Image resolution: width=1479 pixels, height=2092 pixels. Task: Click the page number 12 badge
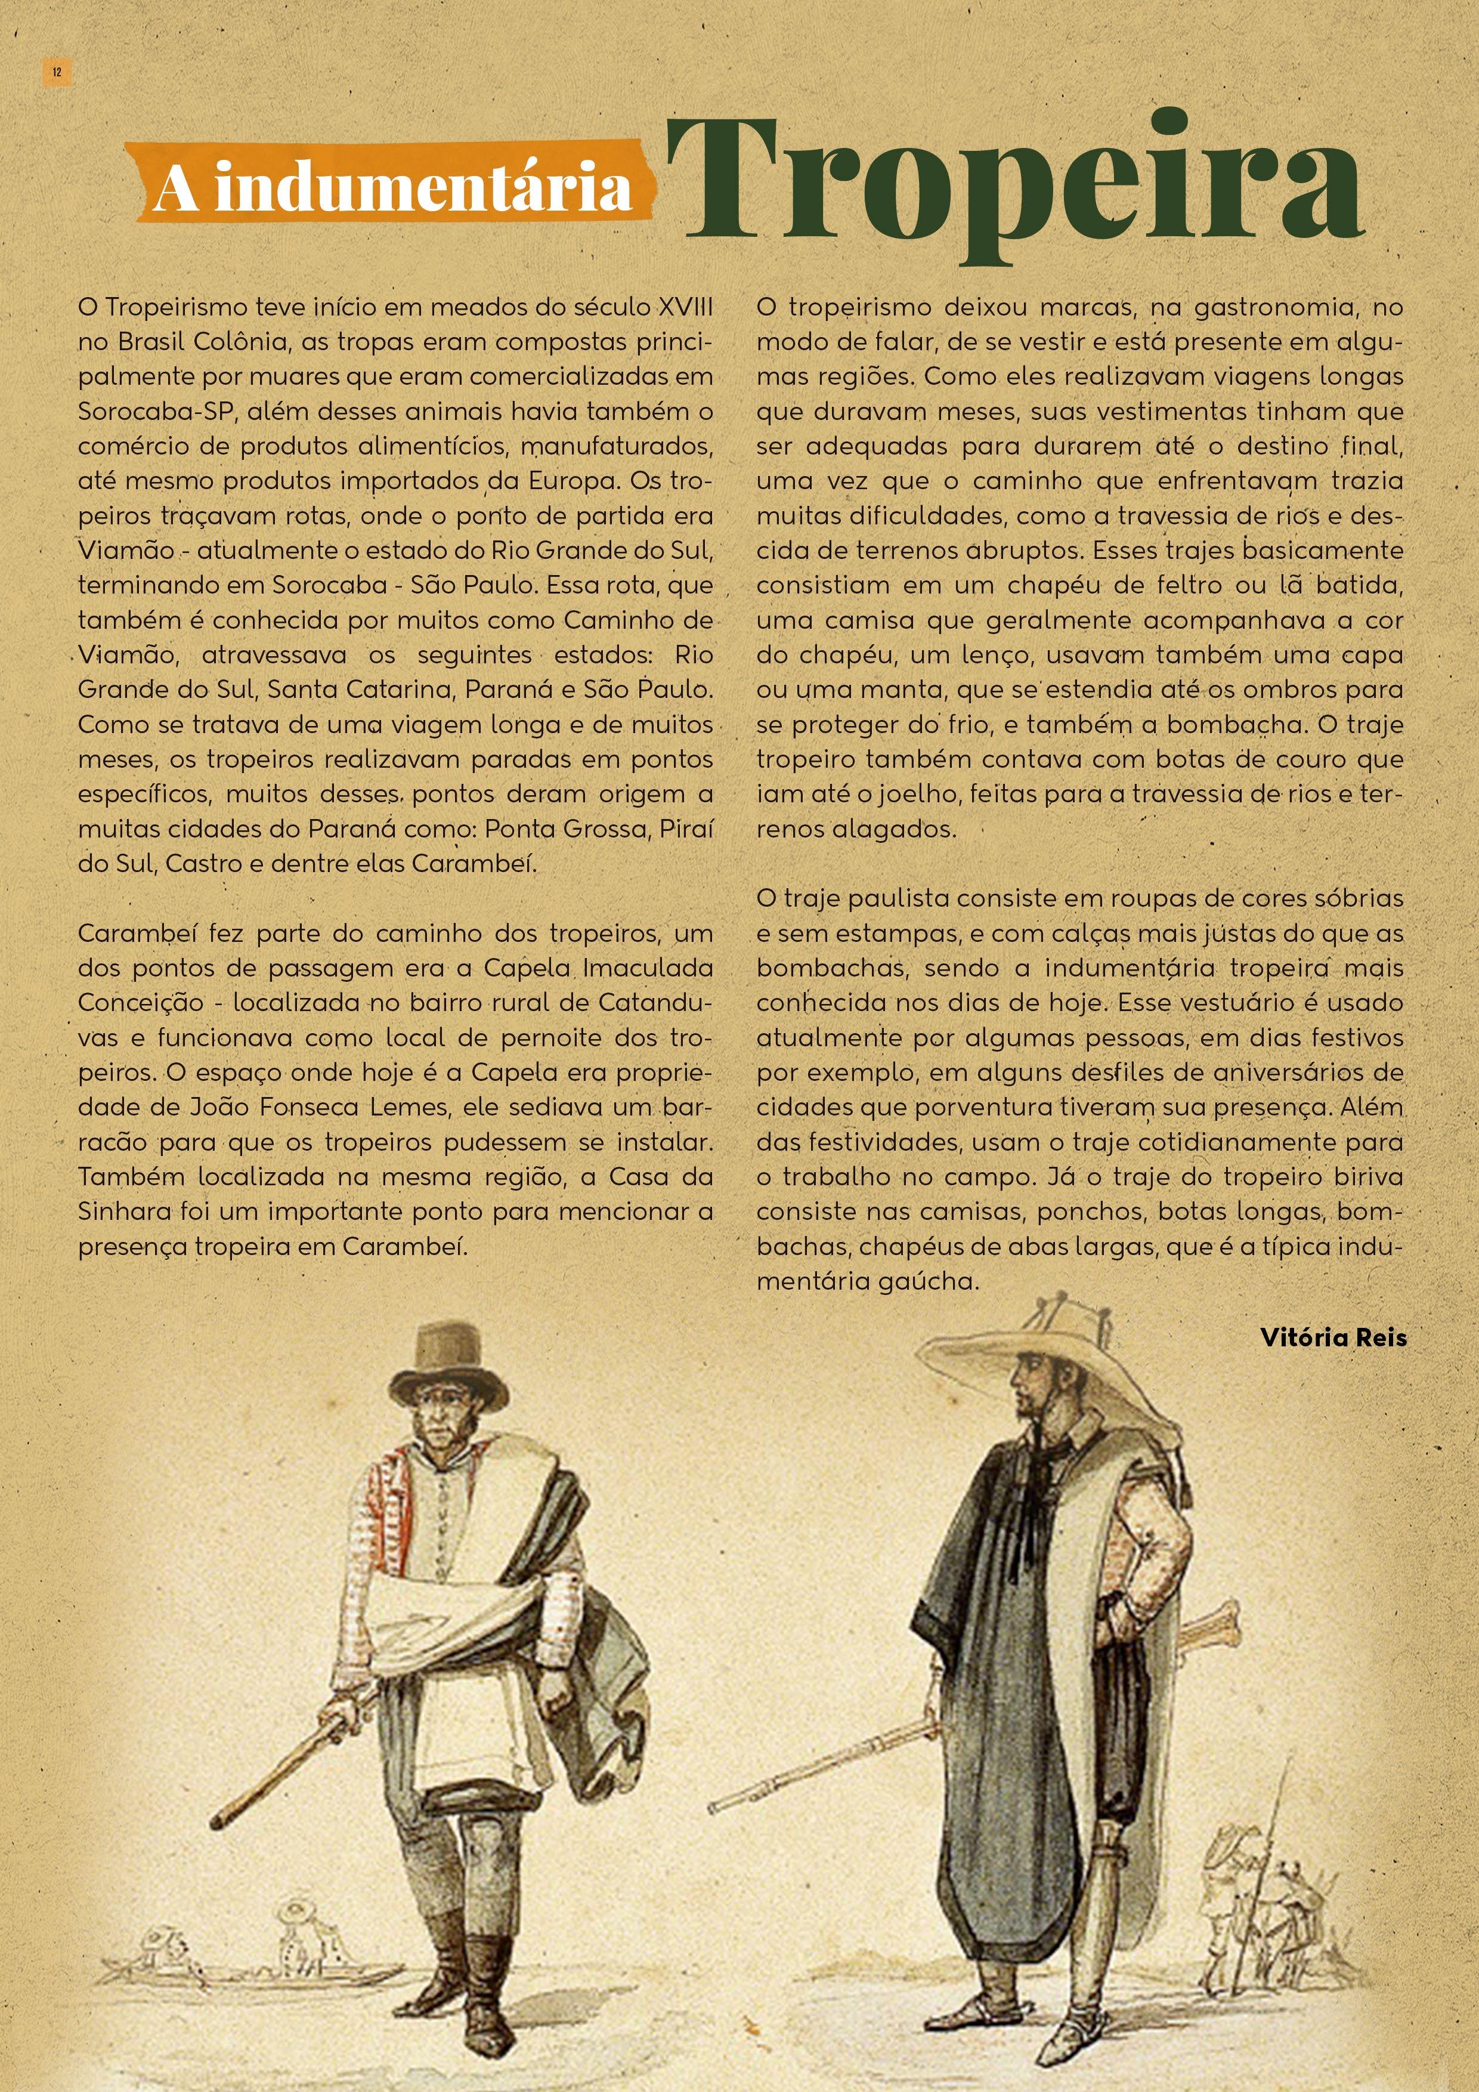(57, 73)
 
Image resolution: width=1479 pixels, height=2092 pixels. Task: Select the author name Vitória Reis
(1333, 1337)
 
